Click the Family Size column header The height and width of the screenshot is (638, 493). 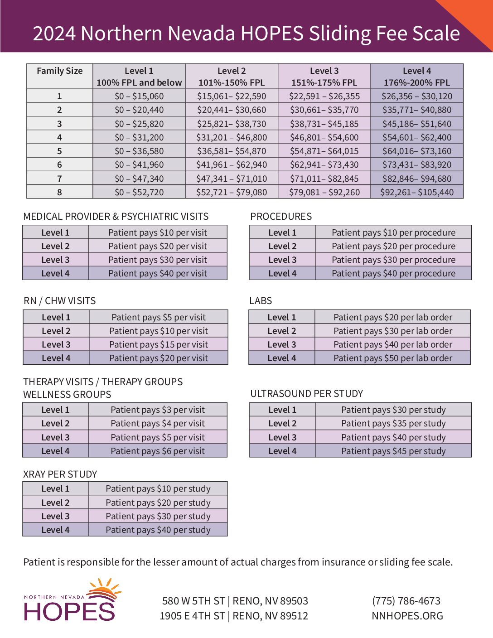pyautogui.click(x=59, y=71)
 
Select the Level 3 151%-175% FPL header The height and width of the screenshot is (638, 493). pyautogui.click(x=324, y=77)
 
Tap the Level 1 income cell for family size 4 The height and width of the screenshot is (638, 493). pyautogui.click(x=139, y=137)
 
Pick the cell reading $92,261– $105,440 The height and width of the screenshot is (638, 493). pyautogui.click(x=417, y=192)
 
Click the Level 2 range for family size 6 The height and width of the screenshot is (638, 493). pyautogui.click(x=232, y=165)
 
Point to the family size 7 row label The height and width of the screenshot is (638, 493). pyautogui.click(x=59, y=179)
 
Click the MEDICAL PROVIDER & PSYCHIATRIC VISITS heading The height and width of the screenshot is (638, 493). pyautogui.click(x=116, y=217)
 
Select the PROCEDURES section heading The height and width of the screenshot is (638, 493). pyautogui.click(x=281, y=217)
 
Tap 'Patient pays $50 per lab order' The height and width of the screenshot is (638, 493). pyautogui.click(x=393, y=358)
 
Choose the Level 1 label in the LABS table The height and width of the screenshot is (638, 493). pyautogui.click(x=281, y=317)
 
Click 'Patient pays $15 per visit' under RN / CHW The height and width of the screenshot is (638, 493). pyautogui.click(x=159, y=344)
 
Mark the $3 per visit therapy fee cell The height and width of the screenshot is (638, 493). pyautogui.click(x=158, y=410)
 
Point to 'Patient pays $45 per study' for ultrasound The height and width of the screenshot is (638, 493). pyautogui.click(x=393, y=451)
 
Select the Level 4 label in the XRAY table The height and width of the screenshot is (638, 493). pyautogui.click(x=55, y=530)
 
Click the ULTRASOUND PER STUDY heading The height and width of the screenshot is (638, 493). pyautogui.click(x=307, y=394)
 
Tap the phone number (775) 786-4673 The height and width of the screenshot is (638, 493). pyautogui.click(x=406, y=601)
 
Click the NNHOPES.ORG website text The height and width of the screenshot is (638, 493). pyautogui.click(x=407, y=616)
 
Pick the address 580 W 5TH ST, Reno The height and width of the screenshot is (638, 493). pyautogui.click(x=235, y=601)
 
